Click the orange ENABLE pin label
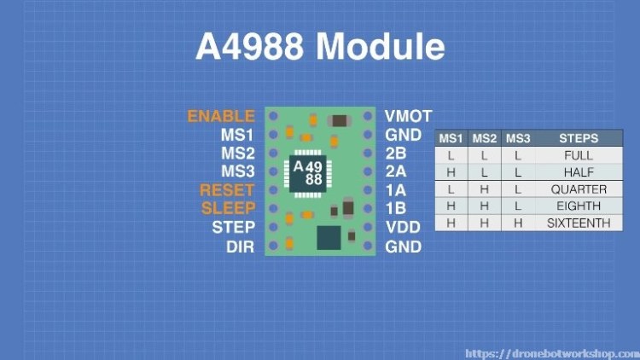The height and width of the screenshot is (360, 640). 221,116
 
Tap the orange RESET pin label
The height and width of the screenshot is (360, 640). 227,190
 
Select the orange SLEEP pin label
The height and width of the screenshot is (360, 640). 228,208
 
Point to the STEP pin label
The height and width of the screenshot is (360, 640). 233,228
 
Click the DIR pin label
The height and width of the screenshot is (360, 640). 240,247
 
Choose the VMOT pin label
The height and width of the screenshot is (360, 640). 408,116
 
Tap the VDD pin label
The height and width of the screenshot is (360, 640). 402,228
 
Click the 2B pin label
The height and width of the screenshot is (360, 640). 395,154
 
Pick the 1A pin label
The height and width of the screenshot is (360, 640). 395,190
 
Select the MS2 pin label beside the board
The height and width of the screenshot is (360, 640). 237,154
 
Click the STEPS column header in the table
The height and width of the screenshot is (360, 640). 579,138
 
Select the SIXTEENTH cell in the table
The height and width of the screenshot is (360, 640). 579,223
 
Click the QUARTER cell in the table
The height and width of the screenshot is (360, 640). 579,189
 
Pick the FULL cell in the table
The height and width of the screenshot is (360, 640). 579,156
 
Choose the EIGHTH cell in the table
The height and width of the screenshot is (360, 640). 579,206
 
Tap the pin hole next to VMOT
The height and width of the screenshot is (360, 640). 369,115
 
